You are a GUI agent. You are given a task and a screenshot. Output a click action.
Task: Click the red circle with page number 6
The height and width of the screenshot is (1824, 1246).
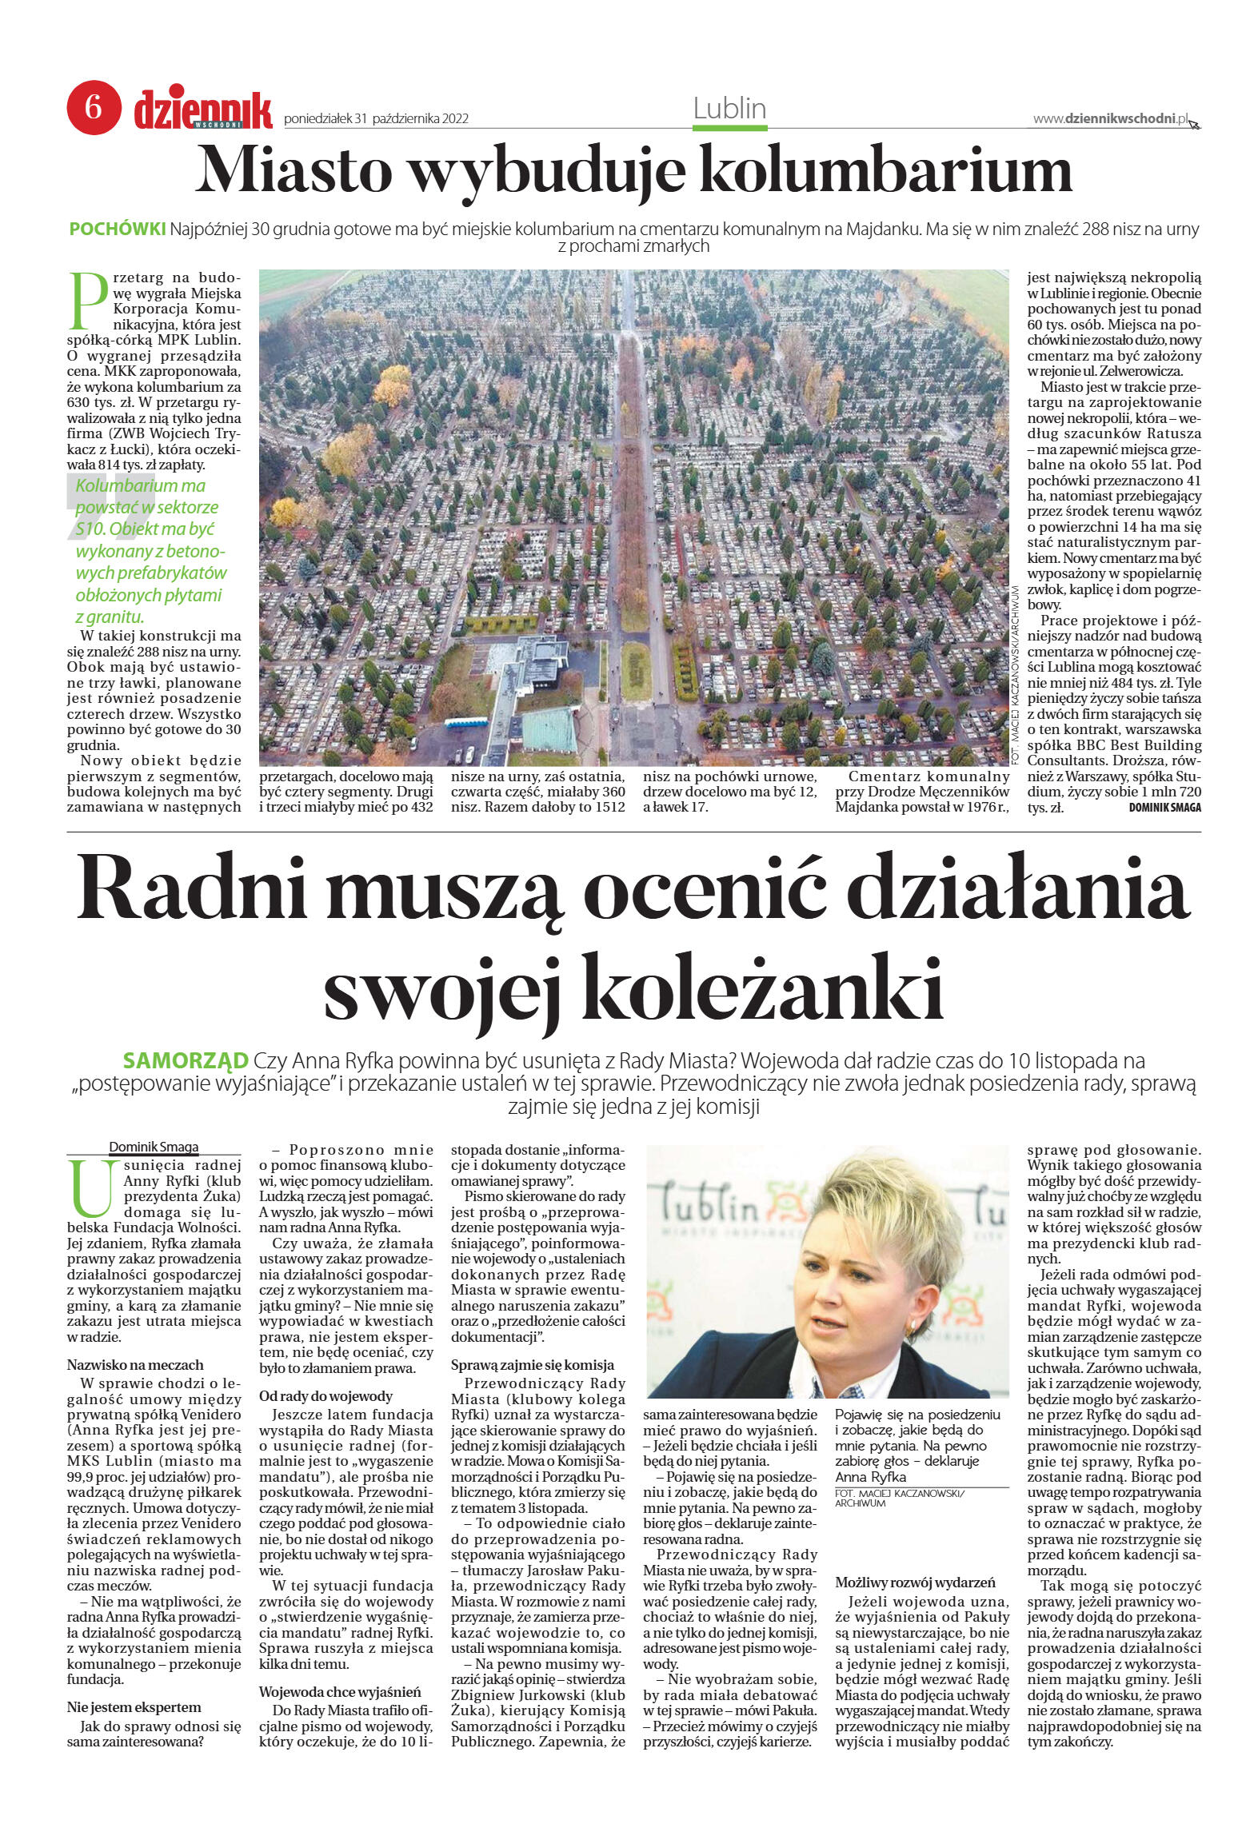pyautogui.click(x=94, y=107)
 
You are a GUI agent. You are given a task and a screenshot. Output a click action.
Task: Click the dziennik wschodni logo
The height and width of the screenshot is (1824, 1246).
pyautogui.click(x=203, y=110)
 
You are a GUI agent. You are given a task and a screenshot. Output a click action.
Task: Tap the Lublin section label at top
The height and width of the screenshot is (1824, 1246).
pyautogui.click(x=729, y=108)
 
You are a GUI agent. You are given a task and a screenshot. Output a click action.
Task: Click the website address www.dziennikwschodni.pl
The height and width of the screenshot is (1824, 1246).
pyautogui.click(x=1112, y=118)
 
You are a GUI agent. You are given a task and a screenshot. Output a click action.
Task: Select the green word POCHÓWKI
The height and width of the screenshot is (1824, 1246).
pyautogui.click(x=118, y=229)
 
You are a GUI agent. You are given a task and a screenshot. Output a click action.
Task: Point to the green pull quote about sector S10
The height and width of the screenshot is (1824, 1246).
pyautogui.click(x=147, y=551)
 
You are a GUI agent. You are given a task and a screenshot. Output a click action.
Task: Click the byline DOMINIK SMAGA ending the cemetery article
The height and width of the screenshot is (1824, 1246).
pyautogui.click(x=1164, y=808)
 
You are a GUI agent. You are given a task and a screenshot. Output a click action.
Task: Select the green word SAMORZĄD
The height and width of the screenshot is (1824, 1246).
pyautogui.click(x=186, y=1061)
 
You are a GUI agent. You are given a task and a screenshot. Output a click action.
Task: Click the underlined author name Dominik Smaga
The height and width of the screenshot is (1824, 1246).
pyautogui.click(x=154, y=1147)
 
